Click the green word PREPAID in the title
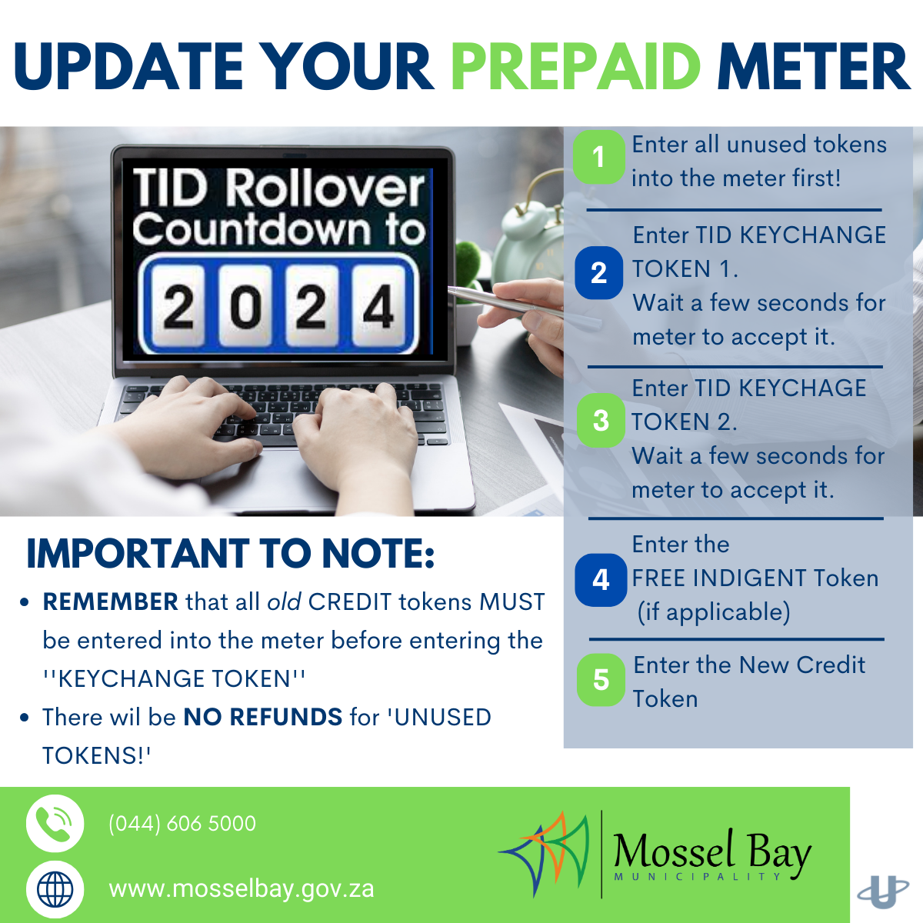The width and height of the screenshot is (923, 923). (x=575, y=66)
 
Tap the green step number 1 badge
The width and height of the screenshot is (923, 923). (x=598, y=157)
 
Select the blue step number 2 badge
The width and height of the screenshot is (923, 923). (x=598, y=273)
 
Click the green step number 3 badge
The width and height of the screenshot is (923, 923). (x=601, y=421)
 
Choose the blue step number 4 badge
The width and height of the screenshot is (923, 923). (x=601, y=580)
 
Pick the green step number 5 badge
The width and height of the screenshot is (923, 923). (x=601, y=680)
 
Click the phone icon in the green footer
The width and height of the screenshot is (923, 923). (x=55, y=823)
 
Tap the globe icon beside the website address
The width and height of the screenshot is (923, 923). (x=55, y=889)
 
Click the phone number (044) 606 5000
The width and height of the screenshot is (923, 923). (x=182, y=823)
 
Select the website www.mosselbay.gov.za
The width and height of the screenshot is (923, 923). (x=242, y=889)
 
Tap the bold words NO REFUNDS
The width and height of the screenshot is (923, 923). (x=263, y=717)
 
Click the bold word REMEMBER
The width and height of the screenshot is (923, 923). (x=111, y=601)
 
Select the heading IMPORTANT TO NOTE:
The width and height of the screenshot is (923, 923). (x=231, y=554)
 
